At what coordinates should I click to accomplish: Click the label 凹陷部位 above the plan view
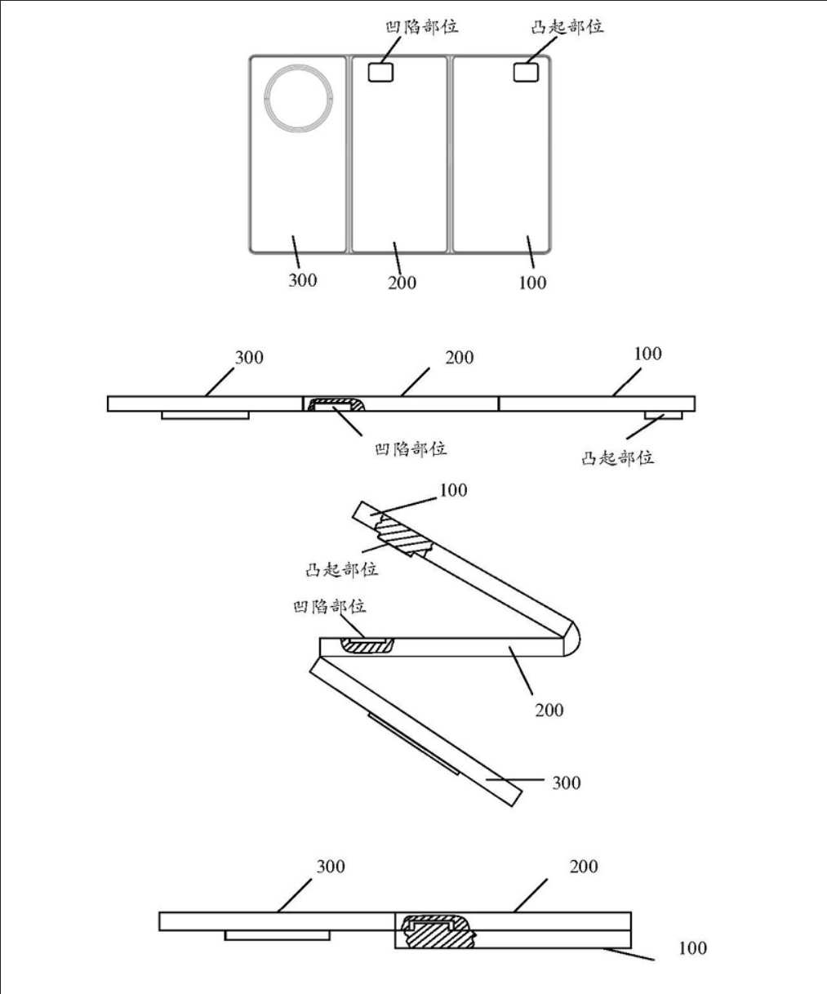[421, 27]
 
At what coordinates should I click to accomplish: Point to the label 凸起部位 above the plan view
[567, 27]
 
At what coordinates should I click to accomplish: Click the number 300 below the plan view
[303, 280]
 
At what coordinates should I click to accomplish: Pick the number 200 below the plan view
[402, 283]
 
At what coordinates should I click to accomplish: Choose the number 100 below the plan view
[532, 283]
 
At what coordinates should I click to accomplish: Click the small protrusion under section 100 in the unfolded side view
[663, 415]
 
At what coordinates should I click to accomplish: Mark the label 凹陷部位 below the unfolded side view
[411, 449]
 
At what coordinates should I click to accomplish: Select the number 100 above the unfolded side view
[647, 354]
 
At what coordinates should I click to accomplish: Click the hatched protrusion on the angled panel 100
[403, 536]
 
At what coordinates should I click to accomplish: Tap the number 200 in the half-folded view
[549, 711]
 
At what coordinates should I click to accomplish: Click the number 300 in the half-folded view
[567, 782]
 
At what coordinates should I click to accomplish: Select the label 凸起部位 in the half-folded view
[341, 569]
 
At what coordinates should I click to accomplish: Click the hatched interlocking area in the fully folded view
[438, 931]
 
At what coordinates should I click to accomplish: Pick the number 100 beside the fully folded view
[692, 948]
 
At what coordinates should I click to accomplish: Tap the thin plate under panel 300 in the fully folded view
[278, 935]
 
